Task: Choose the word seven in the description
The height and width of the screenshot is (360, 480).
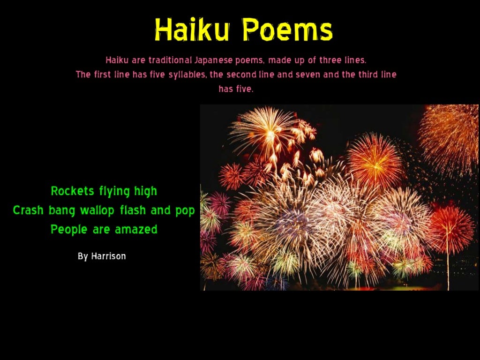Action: (307, 75)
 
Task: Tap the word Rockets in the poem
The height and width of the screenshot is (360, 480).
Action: (73, 191)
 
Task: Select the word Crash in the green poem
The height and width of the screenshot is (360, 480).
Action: (28, 210)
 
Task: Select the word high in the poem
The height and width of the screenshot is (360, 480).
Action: (145, 191)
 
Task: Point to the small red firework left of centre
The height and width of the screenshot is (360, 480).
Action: (231, 176)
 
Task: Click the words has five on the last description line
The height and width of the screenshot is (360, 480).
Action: (236, 89)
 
